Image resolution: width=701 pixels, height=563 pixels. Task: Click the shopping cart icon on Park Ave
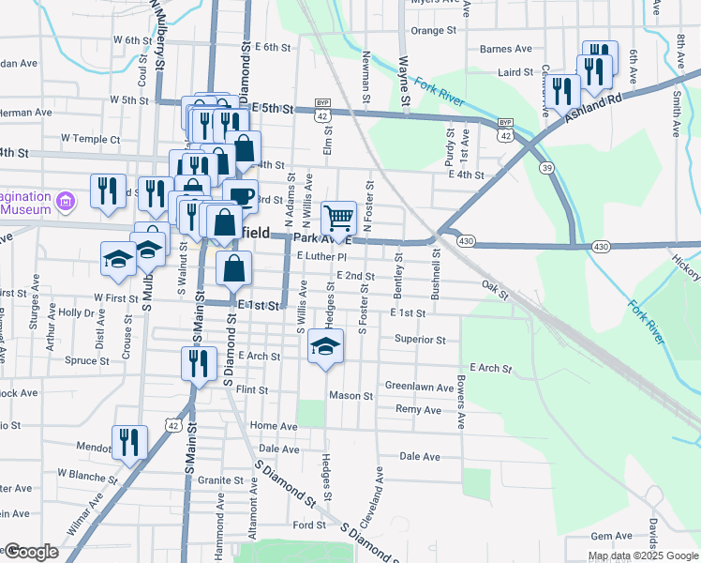(x=339, y=218)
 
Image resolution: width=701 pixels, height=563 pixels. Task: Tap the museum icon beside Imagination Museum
(x=65, y=201)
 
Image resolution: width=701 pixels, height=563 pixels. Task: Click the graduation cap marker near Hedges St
(x=325, y=346)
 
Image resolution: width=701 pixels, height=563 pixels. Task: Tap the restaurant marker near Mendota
(x=129, y=441)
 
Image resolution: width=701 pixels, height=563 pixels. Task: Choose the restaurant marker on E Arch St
(x=198, y=361)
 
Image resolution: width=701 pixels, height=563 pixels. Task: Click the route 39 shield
(x=544, y=167)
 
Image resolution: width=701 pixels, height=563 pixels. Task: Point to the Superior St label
(x=419, y=339)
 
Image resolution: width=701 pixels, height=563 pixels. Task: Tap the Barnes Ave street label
(x=505, y=49)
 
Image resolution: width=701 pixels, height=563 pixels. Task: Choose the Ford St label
(x=308, y=525)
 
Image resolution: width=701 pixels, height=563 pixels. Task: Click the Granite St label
(x=220, y=480)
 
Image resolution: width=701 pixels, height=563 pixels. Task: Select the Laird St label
(x=516, y=71)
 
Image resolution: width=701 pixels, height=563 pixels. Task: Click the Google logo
(x=30, y=552)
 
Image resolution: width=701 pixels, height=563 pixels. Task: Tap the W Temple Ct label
(x=91, y=138)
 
